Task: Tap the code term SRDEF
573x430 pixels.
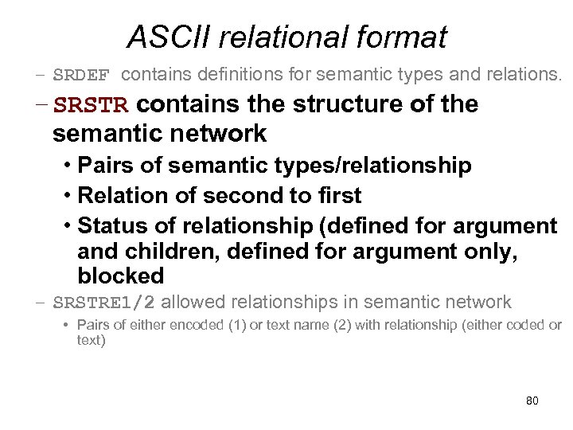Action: pos(85,76)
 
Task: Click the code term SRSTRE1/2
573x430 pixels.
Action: pos(103,303)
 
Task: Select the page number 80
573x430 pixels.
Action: pos(532,400)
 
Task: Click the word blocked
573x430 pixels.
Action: pos(120,276)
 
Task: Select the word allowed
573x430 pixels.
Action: pos(193,303)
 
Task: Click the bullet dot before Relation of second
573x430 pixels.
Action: pos(68,196)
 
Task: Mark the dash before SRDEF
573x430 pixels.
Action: pos(40,76)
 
